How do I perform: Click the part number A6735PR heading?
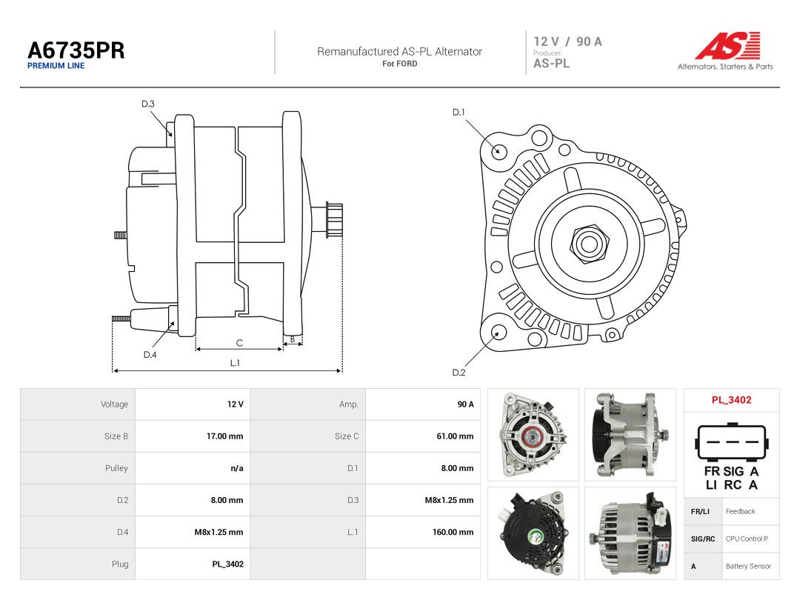click(x=76, y=50)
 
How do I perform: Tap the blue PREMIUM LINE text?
click(x=56, y=66)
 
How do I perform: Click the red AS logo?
click(x=727, y=45)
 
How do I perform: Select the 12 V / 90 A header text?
click(x=568, y=41)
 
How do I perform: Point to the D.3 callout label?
click(x=148, y=104)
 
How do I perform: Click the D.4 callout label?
click(x=150, y=355)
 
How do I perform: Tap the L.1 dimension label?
click(x=235, y=363)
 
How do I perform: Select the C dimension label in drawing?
click(x=239, y=343)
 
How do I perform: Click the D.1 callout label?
click(x=459, y=113)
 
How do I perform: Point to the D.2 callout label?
click(x=459, y=373)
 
